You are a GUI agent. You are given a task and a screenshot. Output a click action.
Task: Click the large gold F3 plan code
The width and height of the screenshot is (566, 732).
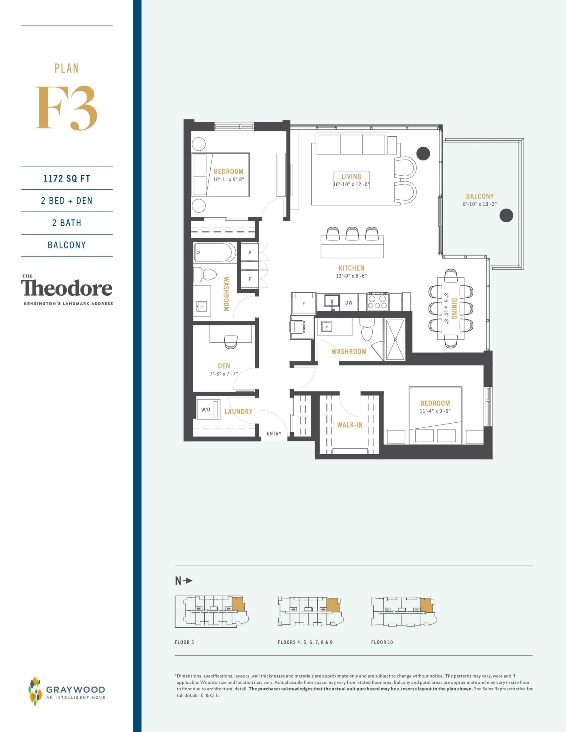coord(66,108)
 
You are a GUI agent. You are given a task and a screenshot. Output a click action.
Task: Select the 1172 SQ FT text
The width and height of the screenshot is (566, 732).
coord(67,178)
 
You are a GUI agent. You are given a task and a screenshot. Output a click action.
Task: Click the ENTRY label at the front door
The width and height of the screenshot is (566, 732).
coord(274,434)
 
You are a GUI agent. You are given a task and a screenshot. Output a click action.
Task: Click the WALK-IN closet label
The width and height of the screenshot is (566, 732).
coord(350,425)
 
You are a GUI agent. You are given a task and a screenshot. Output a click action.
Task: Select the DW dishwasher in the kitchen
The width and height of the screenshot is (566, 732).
coord(349,303)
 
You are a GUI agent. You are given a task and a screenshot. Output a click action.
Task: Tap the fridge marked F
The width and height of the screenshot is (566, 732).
coord(304,304)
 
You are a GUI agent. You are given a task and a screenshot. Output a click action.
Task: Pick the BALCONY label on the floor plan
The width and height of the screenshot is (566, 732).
coord(480,196)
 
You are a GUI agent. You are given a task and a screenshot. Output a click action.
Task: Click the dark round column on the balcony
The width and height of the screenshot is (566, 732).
coord(506,216)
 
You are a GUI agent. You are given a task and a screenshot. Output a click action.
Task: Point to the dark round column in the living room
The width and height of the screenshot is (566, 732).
coord(423,153)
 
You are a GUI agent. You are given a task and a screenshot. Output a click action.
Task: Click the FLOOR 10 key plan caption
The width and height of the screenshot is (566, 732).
coord(382,642)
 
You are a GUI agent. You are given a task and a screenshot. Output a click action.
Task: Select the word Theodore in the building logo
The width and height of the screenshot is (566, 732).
coord(67,288)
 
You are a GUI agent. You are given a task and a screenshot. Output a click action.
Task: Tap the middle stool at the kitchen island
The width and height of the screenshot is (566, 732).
coord(352,233)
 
